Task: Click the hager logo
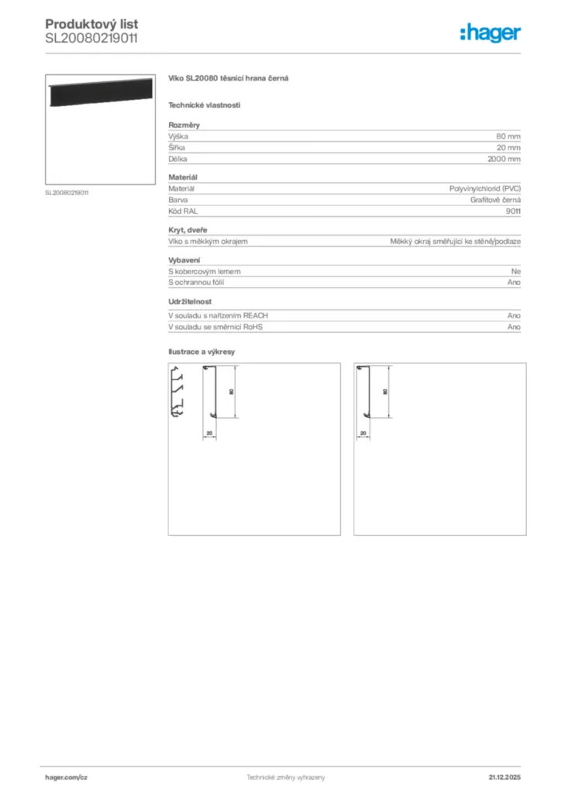coord(490,33)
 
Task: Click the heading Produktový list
coord(91,25)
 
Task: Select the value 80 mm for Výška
coord(508,136)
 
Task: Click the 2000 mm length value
coord(504,159)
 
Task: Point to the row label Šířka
coord(177,147)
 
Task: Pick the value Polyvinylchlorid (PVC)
coord(485,188)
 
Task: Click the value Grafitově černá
coord(495,200)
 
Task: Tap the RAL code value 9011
coord(513,211)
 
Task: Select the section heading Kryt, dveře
coord(188,230)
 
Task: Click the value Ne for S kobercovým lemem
coord(515,271)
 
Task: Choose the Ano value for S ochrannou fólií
coord(514,283)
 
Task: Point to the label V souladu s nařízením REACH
coord(218,316)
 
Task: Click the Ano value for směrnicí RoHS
coord(514,327)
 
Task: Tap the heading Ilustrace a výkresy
coord(201,352)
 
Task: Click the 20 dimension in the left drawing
coord(209,433)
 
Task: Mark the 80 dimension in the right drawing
coord(385,392)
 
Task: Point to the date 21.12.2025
coord(504,777)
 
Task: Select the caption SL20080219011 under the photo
coord(67,193)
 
